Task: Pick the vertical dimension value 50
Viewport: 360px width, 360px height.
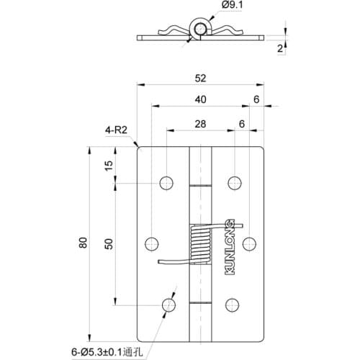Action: click(109, 243)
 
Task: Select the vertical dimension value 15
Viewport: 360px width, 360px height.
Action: click(109, 165)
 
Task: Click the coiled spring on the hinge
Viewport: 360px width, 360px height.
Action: click(199, 245)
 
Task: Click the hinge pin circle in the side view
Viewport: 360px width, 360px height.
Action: click(199, 30)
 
